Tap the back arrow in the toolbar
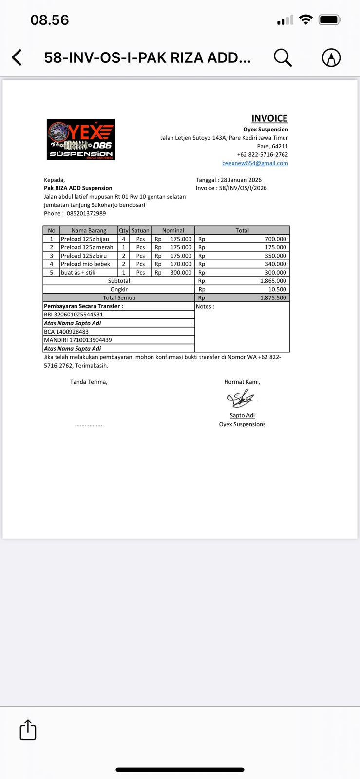(17, 57)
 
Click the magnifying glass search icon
(283, 57)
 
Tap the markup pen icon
(331, 57)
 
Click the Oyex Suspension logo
(81, 139)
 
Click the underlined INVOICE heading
(269, 118)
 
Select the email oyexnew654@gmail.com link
(255, 163)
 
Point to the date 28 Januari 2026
(241, 180)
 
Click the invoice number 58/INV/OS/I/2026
(243, 188)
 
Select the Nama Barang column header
(89, 230)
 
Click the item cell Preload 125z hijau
(85, 239)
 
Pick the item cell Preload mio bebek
(86, 264)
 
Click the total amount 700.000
(275, 239)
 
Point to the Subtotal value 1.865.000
(273, 281)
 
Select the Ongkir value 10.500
(277, 289)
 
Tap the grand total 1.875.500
(273, 298)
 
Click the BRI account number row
(74, 315)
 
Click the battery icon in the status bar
(329, 20)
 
